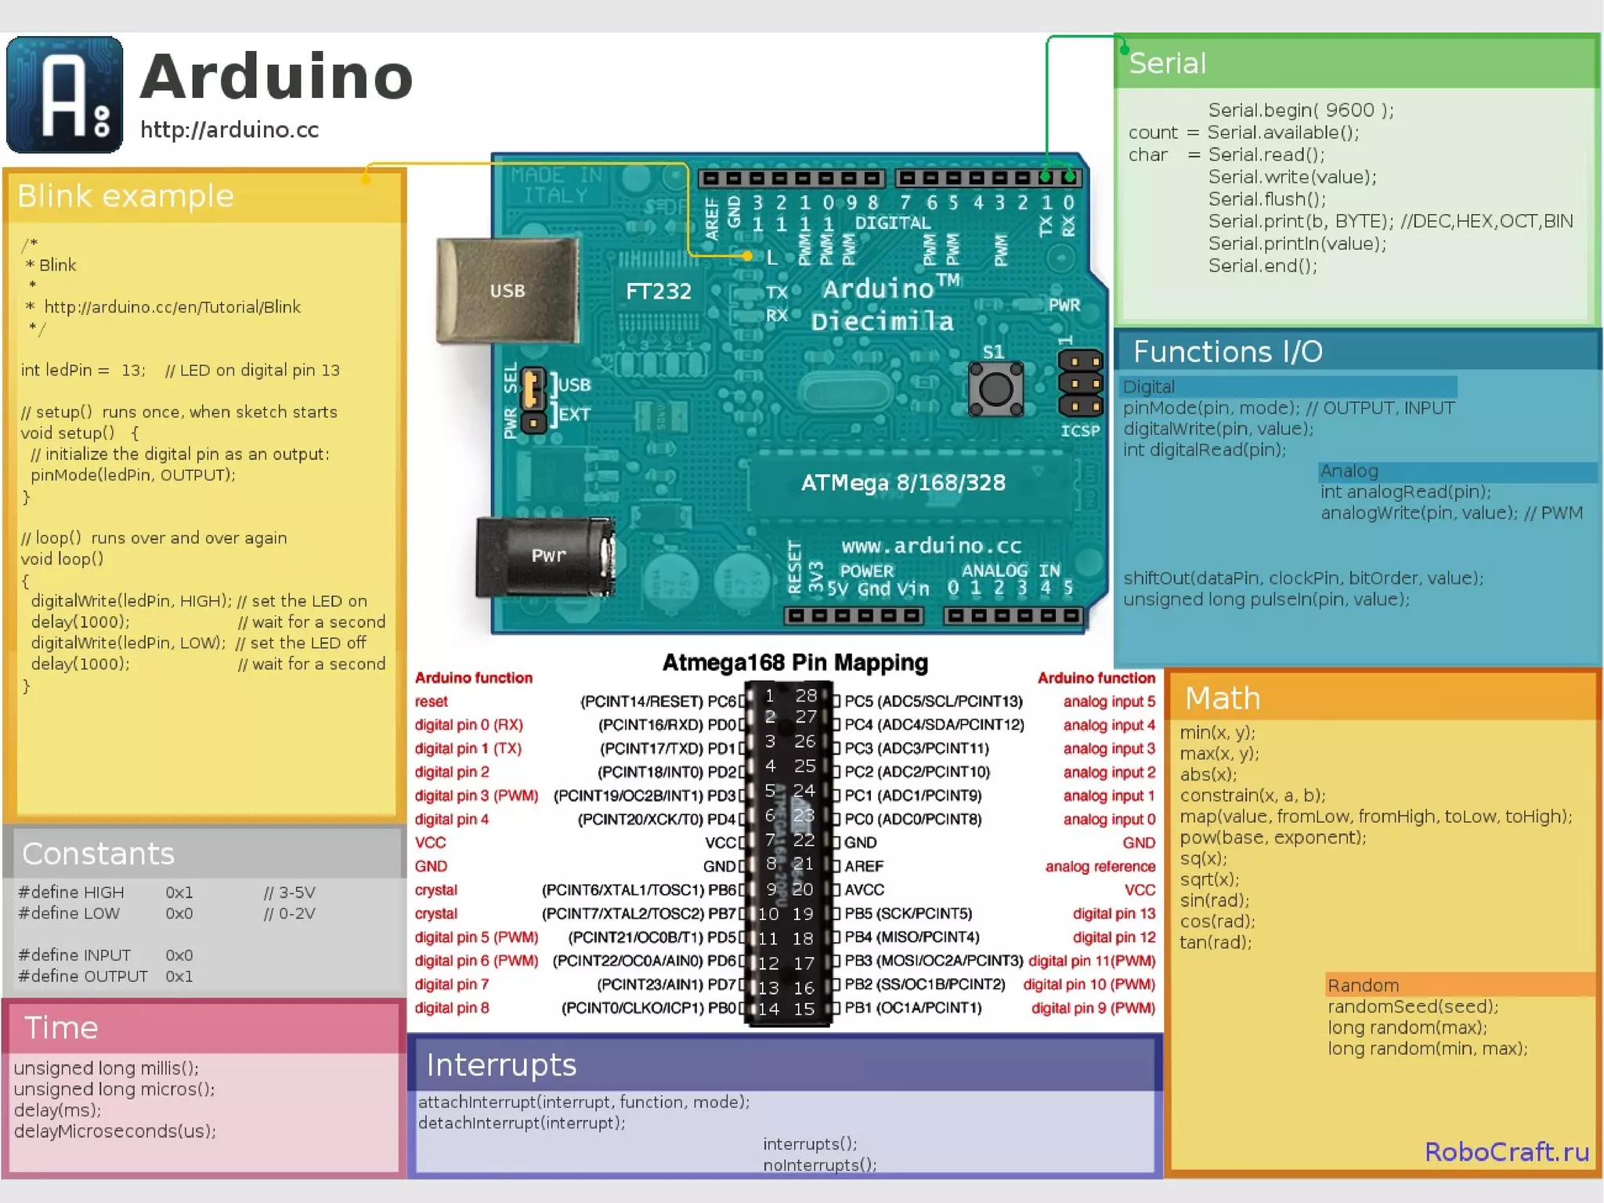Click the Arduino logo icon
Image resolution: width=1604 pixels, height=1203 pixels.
(x=64, y=94)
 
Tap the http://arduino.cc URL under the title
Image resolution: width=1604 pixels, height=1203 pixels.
(x=229, y=129)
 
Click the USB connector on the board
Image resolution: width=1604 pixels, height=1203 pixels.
(x=508, y=291)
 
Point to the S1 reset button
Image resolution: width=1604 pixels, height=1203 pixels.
(x=995, y=388)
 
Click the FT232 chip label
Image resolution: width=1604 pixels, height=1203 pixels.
(x=658, y=292)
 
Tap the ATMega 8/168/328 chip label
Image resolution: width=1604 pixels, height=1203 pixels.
(x=903, y=483)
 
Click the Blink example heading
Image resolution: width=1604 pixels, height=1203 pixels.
(x=125, y=196)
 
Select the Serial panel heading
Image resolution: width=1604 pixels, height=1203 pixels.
(x=1167, y=63)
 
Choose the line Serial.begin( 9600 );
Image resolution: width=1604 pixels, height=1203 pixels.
(x=1301, y=110)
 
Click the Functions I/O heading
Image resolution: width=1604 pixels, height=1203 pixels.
(x=1227, y=352)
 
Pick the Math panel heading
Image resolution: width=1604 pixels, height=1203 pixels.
(x=1223, y=698)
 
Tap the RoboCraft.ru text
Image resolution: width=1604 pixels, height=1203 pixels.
(x=1506, y=1151)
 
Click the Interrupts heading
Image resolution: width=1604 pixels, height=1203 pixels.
(x=501, y=1065)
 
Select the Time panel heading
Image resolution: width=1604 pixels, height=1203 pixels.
(x=61, y=1027)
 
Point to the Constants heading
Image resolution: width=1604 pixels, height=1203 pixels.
(x=98, y=853)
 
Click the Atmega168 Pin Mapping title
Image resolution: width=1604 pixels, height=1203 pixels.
(x=795, y=663)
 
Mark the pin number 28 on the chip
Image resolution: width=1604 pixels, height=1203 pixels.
(x=806, y=695)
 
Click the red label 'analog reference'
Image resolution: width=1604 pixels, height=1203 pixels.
(x=1100, y=866)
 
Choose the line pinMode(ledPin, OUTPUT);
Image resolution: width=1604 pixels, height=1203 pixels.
(x=132, y=475)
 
